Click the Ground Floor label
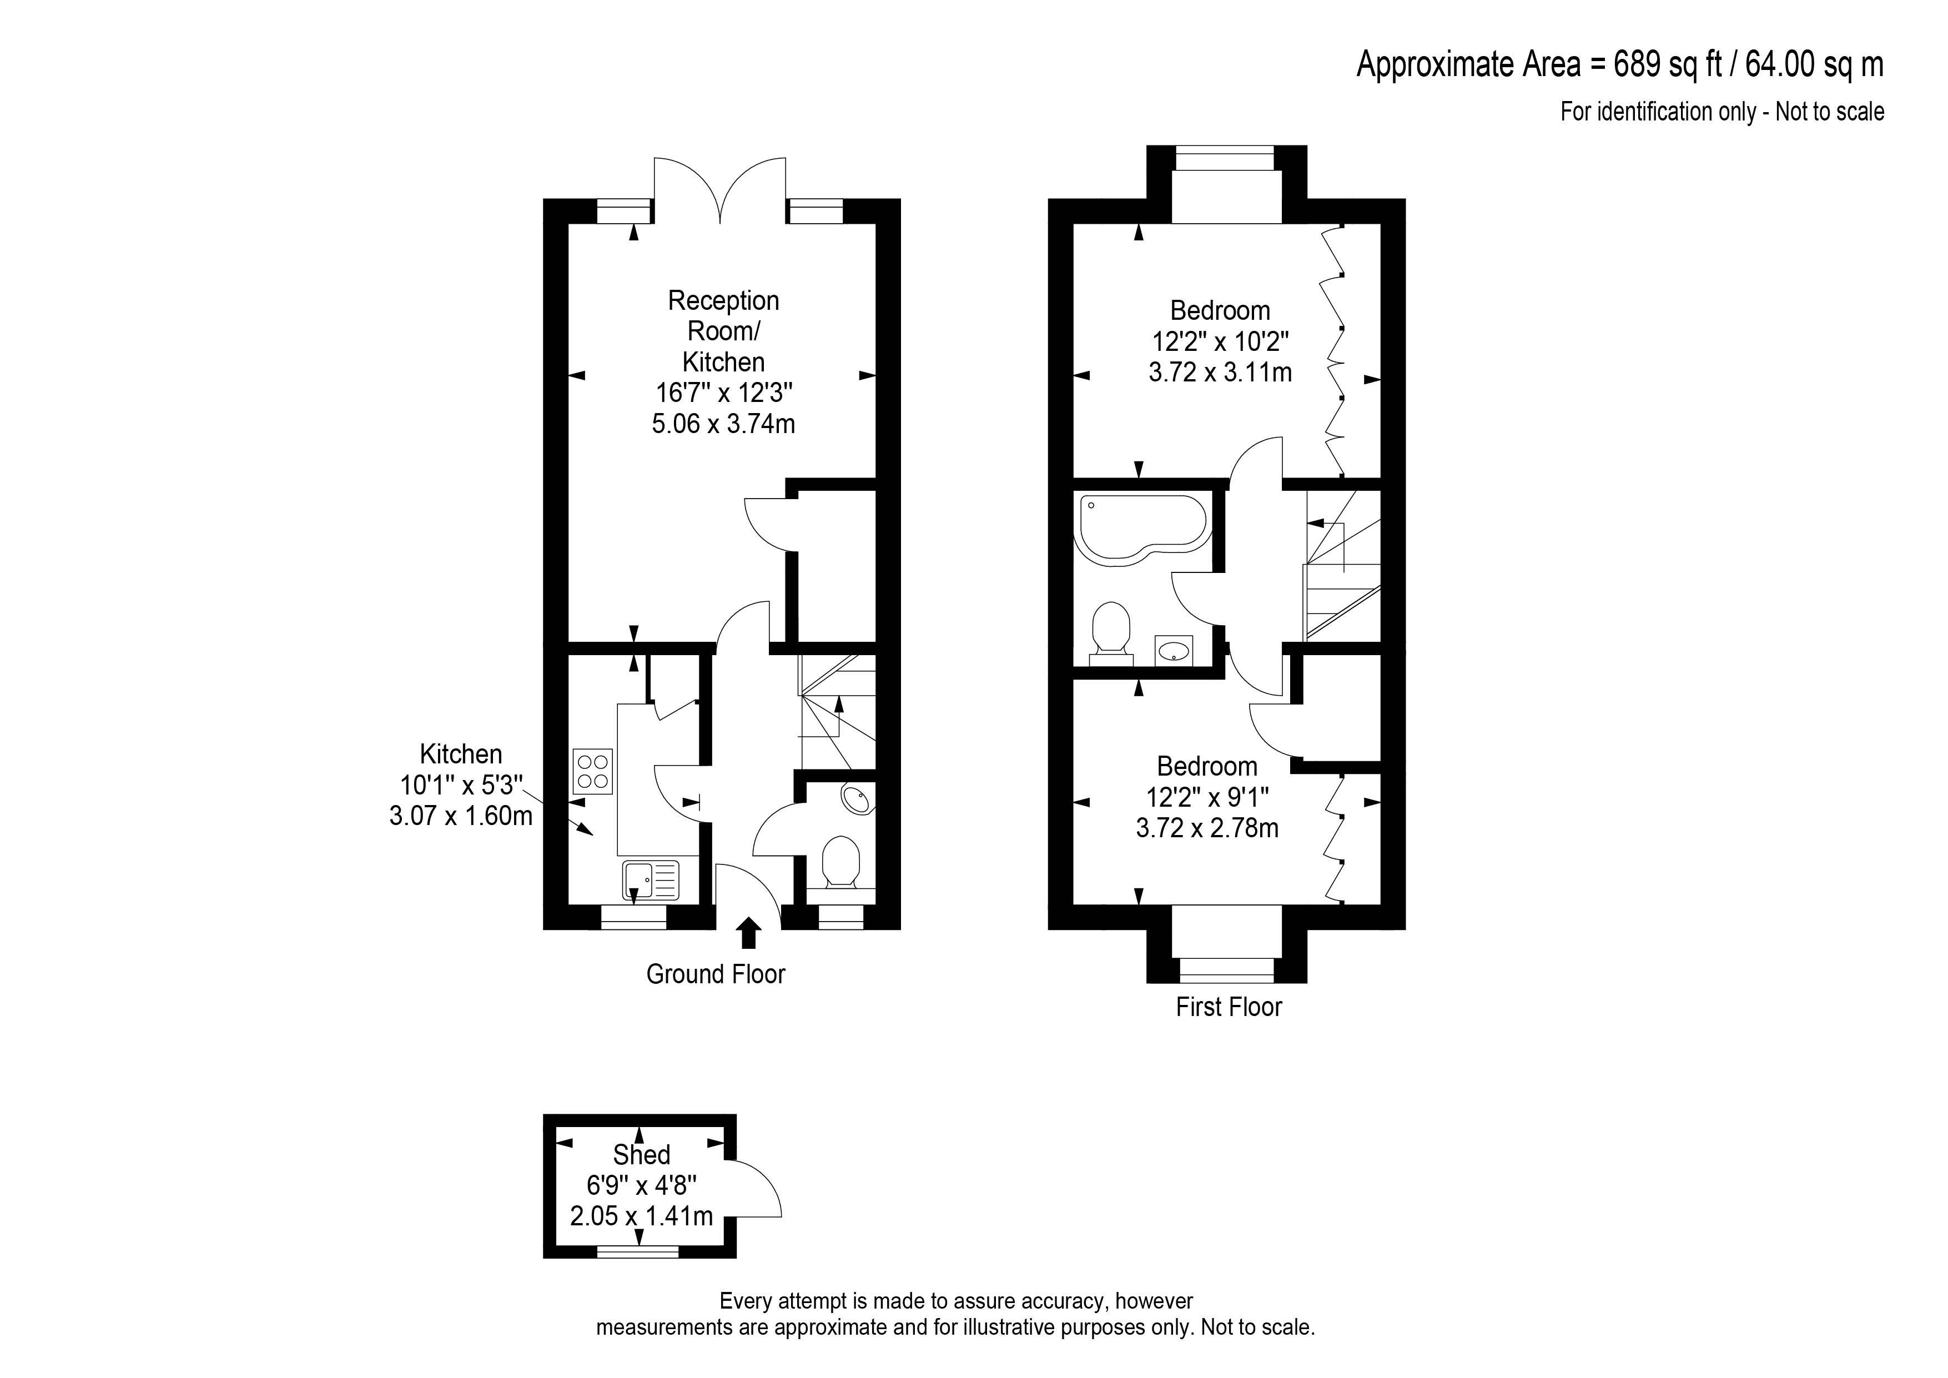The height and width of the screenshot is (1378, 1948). click(x=715, y=974)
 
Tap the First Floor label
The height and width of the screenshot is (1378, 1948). click(x=1229, y=1007)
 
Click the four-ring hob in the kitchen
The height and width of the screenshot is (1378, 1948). click(x=592, y=771)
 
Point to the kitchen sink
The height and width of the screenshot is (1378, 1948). click(x=651, y=880)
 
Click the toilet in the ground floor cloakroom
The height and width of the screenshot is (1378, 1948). click(x=841, y=863)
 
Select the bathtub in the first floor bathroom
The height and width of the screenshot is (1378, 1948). click(x=1141, y=528)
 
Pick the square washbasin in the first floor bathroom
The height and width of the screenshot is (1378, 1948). click(x=1174, y=651)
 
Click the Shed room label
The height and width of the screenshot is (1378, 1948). click(x=641, y=1155)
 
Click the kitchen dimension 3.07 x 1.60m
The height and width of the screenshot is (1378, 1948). click(x=461, y=816)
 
